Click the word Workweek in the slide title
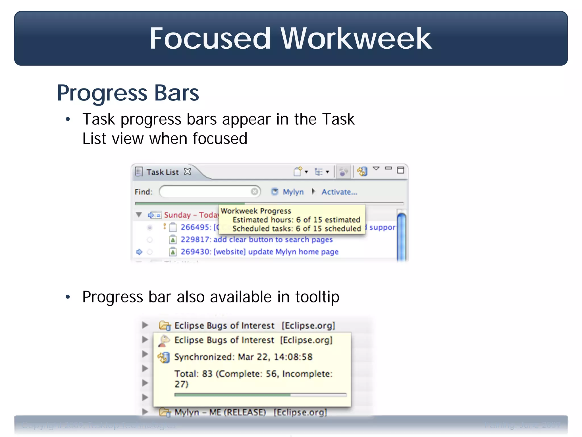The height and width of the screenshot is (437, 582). [356, 39]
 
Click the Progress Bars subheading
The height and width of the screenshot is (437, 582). [128, 93]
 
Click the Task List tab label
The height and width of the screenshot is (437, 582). [162, 172]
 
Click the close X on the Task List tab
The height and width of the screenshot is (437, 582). [188, 172]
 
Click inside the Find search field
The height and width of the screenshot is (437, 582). [205, 191]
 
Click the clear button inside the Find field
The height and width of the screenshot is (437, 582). [255, 191]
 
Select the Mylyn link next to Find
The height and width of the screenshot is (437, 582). [293, 192]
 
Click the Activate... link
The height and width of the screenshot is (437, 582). [339, 192]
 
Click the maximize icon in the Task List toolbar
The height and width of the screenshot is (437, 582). [400, 170]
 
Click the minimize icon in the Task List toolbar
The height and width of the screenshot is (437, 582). [388, 168]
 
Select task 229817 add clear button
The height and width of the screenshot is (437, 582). [256, 240]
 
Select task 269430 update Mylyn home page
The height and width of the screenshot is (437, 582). [259, 252]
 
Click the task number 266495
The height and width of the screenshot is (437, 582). [196, 227]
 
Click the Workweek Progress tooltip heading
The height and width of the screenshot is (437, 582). [256, 211]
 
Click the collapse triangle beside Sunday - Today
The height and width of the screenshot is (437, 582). [139, 215]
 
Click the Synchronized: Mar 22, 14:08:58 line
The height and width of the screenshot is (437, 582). [243, 357]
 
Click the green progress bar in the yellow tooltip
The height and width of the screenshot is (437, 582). [232, 395]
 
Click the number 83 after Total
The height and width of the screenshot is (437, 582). [207, 374]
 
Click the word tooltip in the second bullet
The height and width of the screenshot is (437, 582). [317, 297]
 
